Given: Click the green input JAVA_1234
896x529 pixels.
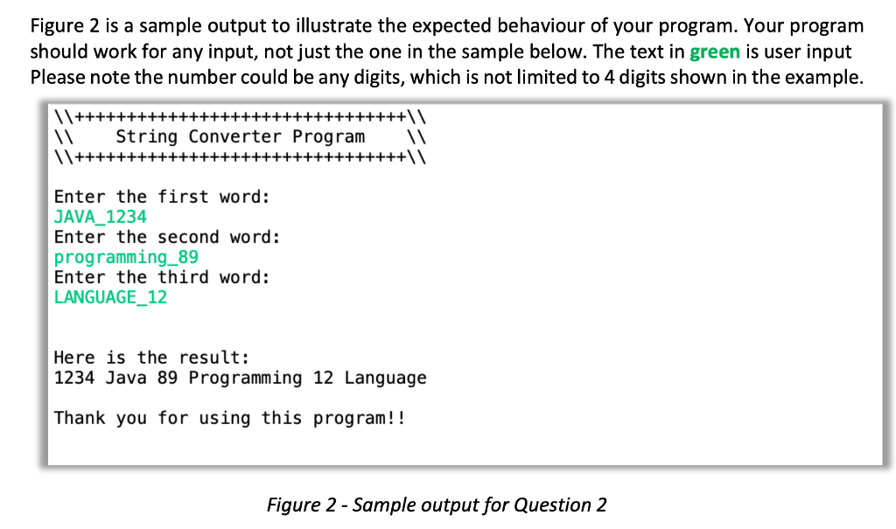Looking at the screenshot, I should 100,217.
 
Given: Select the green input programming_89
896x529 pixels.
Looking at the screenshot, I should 126,257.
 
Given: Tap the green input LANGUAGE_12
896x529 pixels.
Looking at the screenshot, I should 110,297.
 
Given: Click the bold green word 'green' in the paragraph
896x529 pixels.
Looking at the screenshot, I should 715,52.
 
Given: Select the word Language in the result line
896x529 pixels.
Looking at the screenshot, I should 385,378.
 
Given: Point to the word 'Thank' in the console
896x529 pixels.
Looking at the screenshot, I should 80,418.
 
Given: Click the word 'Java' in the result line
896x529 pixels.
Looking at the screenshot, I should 126,378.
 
